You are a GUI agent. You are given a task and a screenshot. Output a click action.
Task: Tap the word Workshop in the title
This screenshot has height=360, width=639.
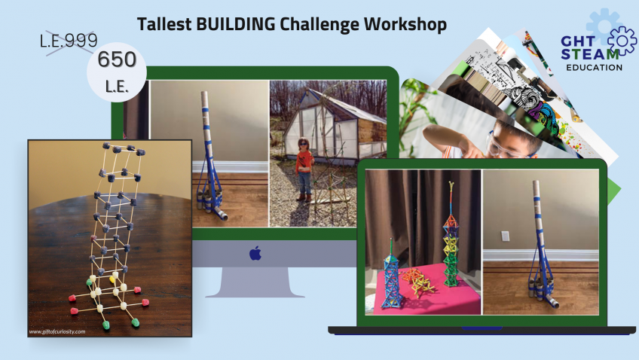[x=405, y=23]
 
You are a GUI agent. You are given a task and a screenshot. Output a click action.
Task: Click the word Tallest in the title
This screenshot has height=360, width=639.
[x=163, y=23]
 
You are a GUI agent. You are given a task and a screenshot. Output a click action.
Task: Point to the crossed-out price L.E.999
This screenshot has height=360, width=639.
[x=69, y=42]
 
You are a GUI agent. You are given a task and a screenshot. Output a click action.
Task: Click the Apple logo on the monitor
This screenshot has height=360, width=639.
[x=255, y=253]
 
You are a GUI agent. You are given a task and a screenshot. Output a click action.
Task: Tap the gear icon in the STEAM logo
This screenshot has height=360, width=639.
[x=622, y=40]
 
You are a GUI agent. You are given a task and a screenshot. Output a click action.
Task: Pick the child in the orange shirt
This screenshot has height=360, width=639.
[x=304, y=170]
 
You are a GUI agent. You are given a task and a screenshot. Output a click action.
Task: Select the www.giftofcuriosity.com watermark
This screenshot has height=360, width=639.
[x=57, y=331]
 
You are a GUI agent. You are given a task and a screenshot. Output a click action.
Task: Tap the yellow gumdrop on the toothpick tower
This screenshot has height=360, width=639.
[x=114, y=277]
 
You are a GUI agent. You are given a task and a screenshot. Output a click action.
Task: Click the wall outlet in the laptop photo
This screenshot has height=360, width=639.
[x=505, y=236]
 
